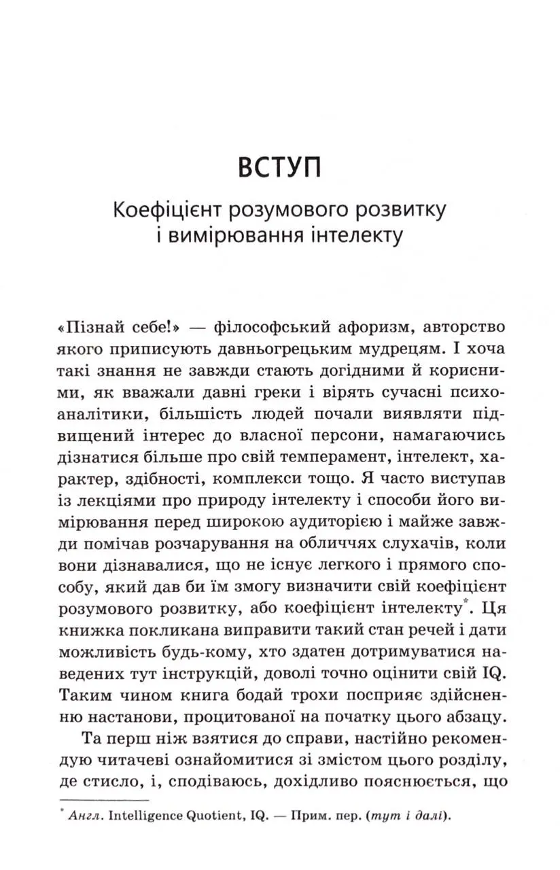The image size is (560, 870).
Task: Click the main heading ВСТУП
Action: coord(279,167)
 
